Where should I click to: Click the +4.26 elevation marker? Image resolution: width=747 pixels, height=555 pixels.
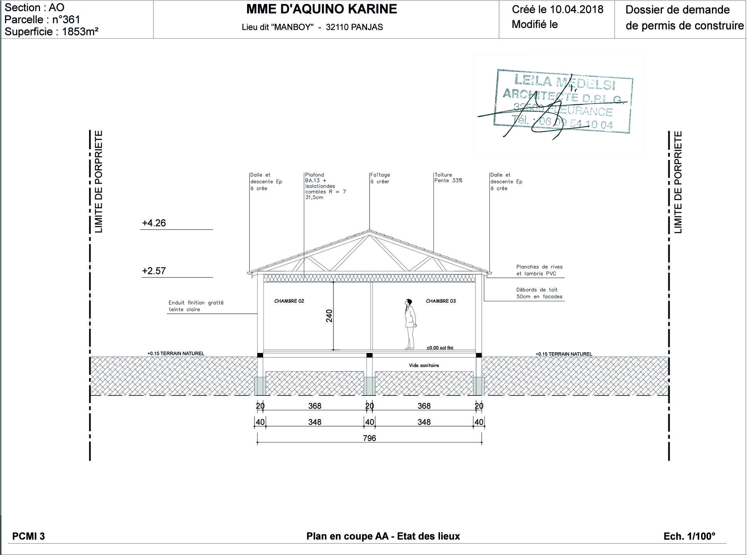(x=154, y=223)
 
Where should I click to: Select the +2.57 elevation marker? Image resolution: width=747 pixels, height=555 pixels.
(x=154, y=271)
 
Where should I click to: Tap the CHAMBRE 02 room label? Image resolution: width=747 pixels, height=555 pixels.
(x=289, y=301)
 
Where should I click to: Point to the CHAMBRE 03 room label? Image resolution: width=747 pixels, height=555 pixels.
(x=441, y=301)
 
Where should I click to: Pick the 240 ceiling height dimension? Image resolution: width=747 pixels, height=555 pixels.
(x=329, y=316)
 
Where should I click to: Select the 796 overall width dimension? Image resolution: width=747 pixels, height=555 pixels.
(x=369, y=438)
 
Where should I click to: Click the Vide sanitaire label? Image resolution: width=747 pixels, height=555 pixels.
(x=424, y=365)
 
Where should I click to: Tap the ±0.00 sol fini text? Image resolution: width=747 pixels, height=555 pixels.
(x=440, y=348)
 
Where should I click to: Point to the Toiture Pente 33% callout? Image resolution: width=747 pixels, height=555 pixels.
(x=448, y=178)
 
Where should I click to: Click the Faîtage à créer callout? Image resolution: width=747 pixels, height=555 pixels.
(x=380, y=178)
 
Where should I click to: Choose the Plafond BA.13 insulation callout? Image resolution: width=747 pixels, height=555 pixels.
(x=325, y=186)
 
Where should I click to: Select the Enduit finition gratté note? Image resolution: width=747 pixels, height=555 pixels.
(x=196, y=306)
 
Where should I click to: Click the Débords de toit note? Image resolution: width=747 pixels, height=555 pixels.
(x=539, y=293)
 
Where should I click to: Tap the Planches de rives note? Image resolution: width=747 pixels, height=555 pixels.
(x=539, y=270)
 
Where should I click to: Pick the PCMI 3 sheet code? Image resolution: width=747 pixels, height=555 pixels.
(x=28, y=536)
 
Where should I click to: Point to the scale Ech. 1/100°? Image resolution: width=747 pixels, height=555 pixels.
(x=689, y=536)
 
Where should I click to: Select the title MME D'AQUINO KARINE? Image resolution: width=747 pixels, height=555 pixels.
(x=322, y=9)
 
